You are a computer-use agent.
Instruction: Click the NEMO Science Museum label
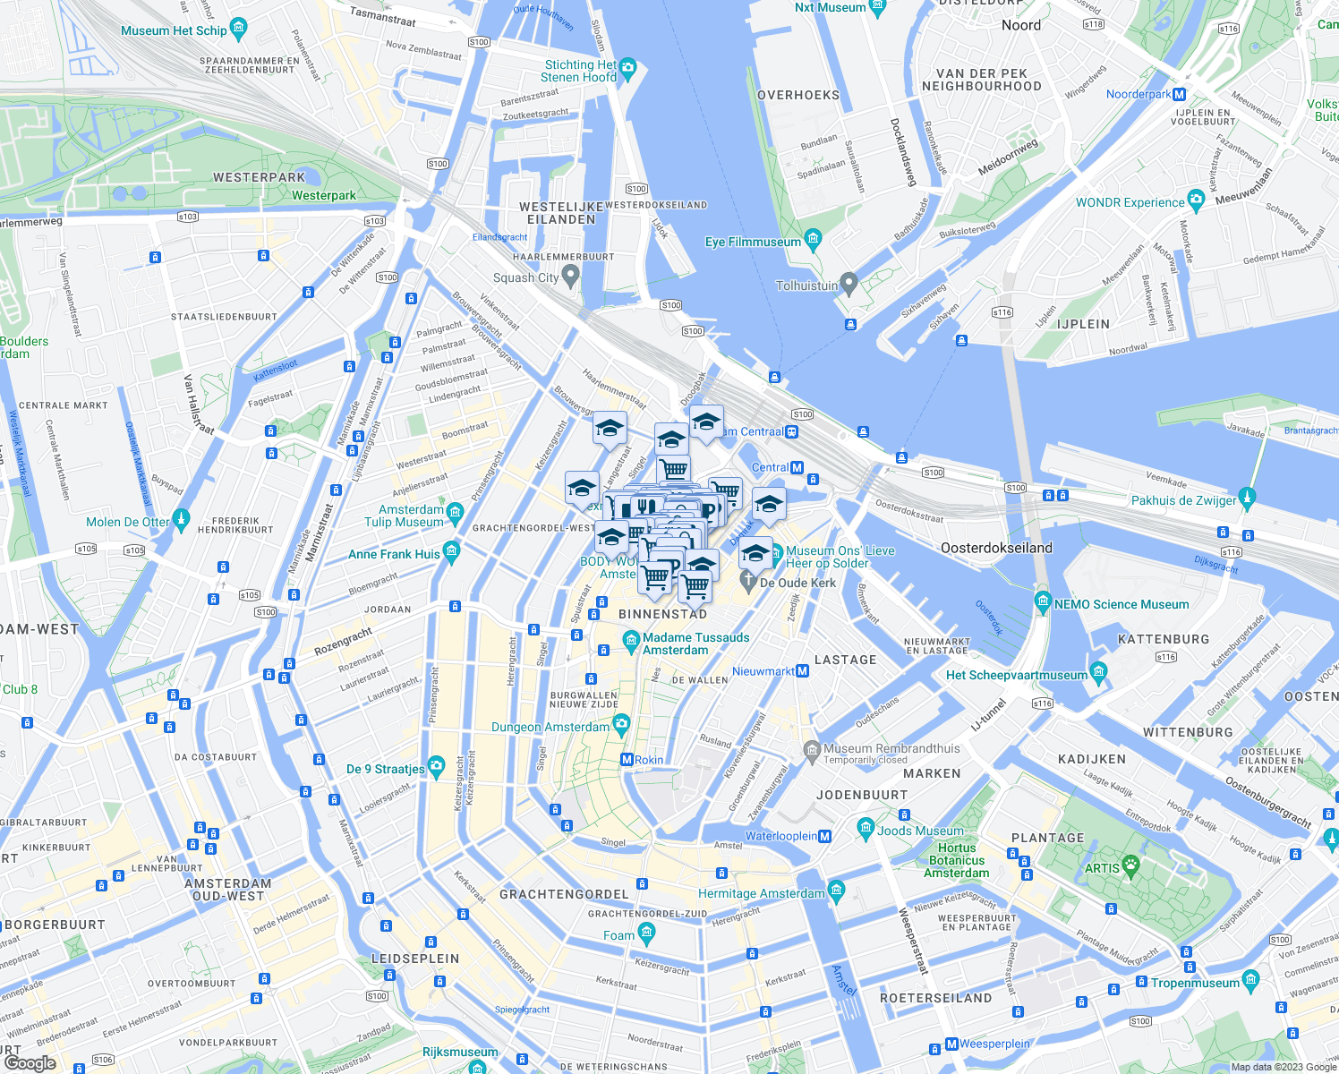(x=1121, y=604)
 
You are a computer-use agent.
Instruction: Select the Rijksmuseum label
(x=460, y=1052)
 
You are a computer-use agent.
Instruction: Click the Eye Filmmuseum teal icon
(x=813, y=239)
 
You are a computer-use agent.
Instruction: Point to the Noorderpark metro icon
(x=1180, y=94)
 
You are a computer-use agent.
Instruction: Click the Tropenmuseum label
(x=1195, y=983)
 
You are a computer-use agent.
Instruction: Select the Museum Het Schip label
(x=174, y=30)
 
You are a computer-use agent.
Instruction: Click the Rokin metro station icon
(x=627, y=760)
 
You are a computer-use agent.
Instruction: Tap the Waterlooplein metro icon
(x=825, y=836)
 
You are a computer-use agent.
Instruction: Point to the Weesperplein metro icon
(x=951, y=1044)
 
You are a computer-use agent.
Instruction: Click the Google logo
(x=30, y=1062)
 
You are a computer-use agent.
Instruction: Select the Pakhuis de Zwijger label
(x=1183, y=500)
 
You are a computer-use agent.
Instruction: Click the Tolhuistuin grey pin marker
(x=849, y=284)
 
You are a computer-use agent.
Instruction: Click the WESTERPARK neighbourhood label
(x=259, y=177)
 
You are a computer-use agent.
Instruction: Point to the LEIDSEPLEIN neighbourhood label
(x=415, y=959)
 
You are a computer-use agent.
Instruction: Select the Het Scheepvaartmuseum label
(x=1017, y=675)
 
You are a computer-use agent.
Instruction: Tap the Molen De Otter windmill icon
(x=182, y=519)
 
